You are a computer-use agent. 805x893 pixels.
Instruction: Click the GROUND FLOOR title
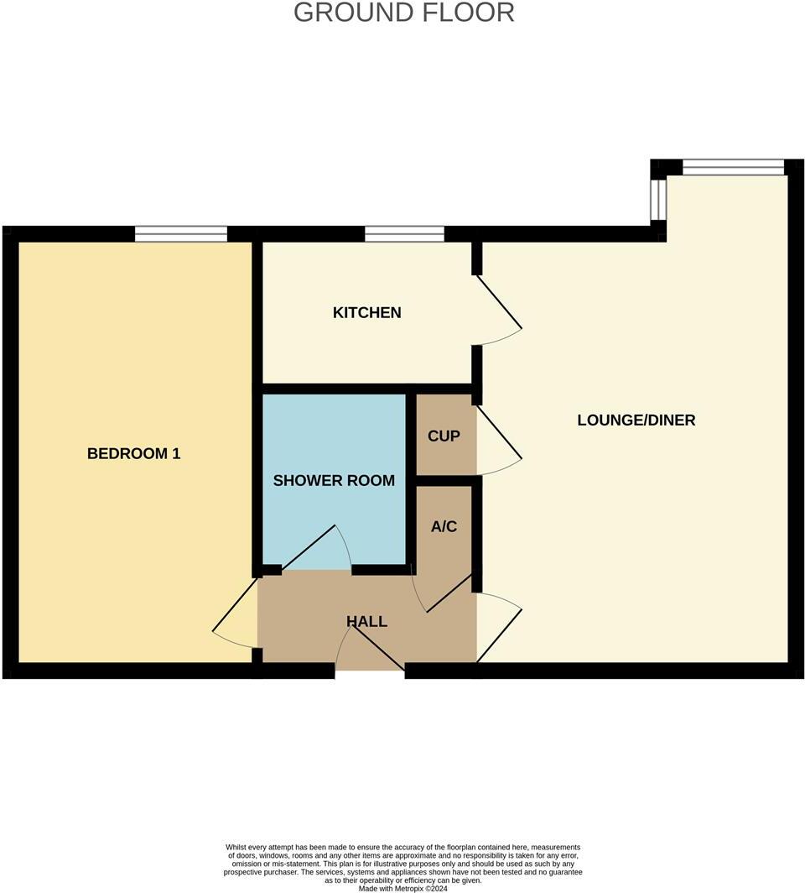point(403,13)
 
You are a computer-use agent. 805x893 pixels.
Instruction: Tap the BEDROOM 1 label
point(134,453)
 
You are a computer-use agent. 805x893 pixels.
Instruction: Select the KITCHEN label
point(367,312)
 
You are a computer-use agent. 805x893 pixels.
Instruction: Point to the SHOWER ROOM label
point(334,480)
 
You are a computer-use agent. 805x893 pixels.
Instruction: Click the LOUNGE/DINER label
point(636,420)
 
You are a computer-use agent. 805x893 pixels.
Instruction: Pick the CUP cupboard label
point(444,436)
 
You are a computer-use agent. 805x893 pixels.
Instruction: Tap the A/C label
point(444,526)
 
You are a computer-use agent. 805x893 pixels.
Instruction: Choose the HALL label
point(367,621)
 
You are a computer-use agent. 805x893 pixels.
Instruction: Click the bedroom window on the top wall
point(181,233)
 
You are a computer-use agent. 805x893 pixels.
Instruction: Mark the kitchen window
point(404,233)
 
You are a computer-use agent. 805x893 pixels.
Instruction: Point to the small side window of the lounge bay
point(658,198)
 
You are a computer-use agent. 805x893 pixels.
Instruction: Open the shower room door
point(315,550)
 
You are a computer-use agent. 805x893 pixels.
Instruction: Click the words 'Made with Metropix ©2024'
point(403,888)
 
